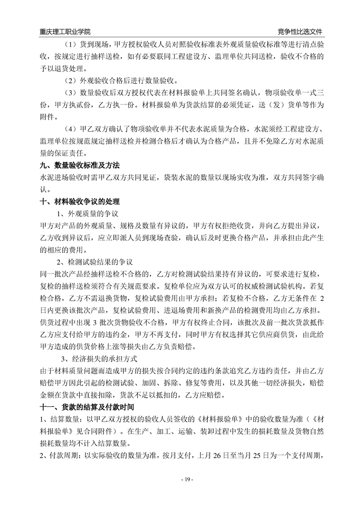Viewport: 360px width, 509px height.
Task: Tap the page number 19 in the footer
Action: point(180,480)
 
